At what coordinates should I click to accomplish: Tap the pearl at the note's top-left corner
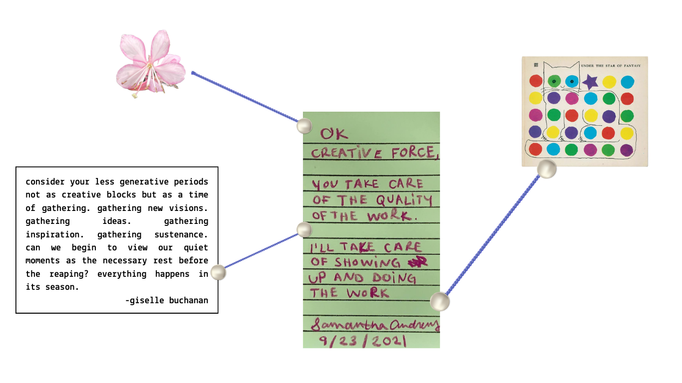click(304, 126)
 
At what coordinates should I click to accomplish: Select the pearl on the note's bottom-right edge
click(439, 301)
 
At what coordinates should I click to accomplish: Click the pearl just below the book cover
click(546, 169)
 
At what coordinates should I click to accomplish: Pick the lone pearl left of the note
click(218, 272)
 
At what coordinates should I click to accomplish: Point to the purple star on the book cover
click(591, 81)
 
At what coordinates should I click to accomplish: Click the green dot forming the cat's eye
click(554, 81)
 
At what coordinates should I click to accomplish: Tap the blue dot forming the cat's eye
click(572, 81)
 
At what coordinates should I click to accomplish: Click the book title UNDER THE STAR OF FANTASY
click(611, 65)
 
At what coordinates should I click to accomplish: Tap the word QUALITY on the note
click(404, 200)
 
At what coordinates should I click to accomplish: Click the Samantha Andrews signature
click(374, 325)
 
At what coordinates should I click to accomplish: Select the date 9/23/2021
click(362, 341)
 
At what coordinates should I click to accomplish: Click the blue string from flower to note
click(245, 98)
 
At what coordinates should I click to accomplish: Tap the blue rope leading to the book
click(493, 235)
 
